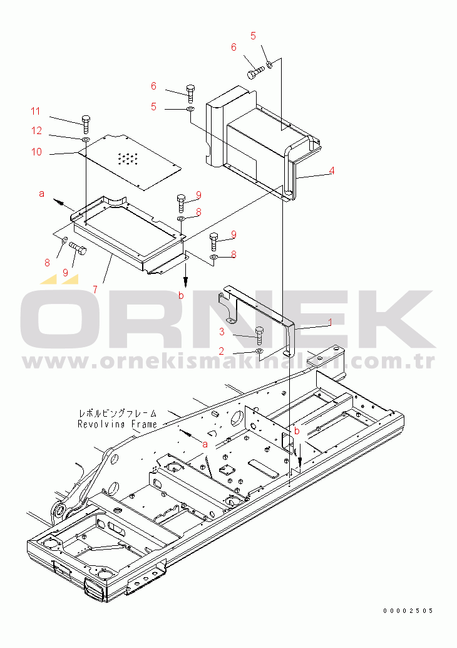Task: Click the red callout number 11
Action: (x=36, y=112)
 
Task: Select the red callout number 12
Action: (x=38, y=131)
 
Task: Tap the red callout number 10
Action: (x=36, y=152)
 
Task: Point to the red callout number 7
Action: (x=95, y=290)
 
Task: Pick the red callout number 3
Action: (x=221, y=330)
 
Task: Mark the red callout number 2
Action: (x=221, y=351)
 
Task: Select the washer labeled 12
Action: (x=86, y=138)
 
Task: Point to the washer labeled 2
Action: (x=260, y=352)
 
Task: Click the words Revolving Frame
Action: (x=117, y=424)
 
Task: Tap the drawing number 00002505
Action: (x=409, y=611)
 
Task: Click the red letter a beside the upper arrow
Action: (x=42, y=194)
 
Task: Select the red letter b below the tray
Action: (x=181, y=296)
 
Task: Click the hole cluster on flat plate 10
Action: (x=128, y=159)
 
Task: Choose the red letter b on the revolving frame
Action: (x=297, y=431)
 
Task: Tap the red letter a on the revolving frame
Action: (x=205, y=442)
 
